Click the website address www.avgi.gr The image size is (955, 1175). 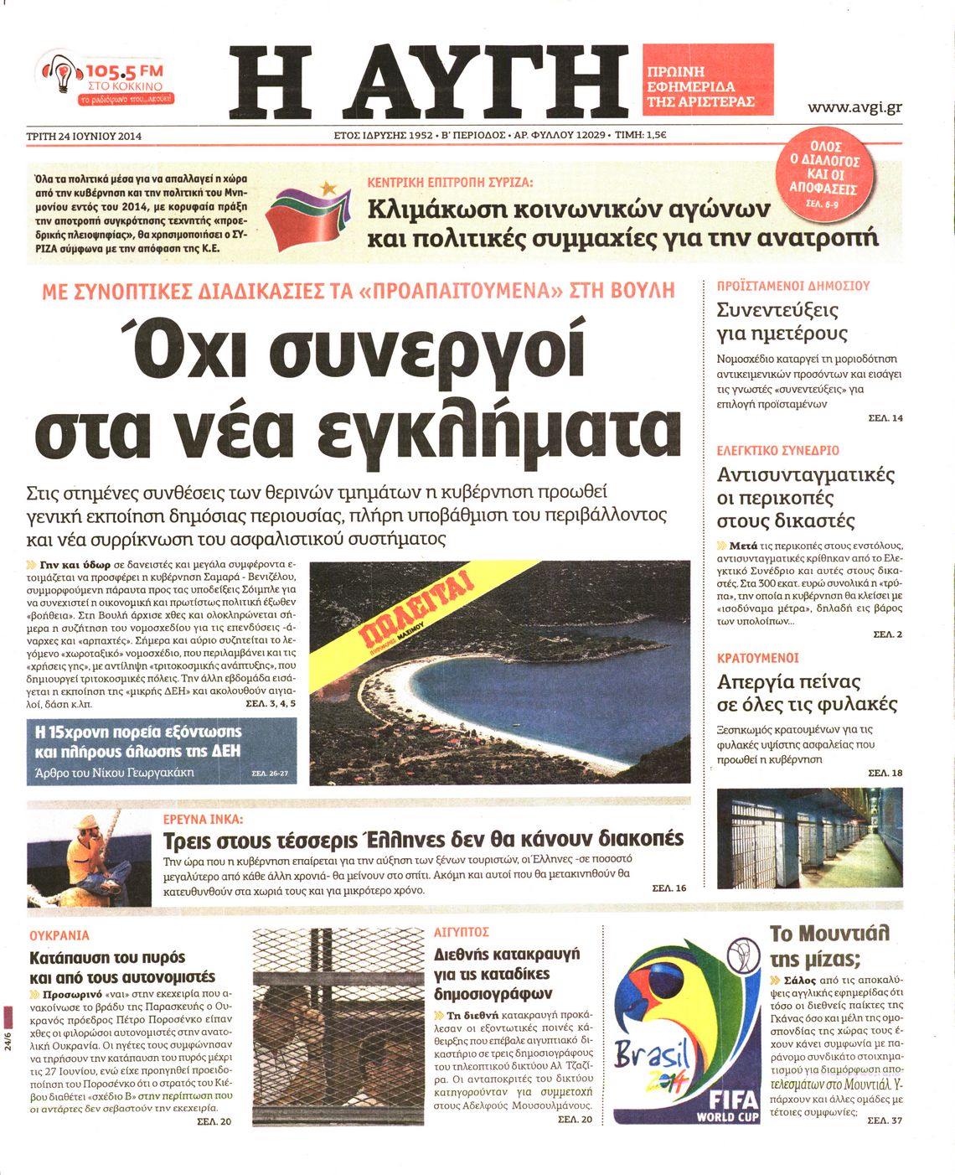854,107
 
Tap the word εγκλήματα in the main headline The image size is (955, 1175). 500,427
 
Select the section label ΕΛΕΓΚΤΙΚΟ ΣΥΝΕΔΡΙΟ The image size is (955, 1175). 777,451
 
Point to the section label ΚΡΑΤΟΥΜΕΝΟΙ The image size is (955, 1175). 757,659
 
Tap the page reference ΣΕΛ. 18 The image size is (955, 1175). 885,773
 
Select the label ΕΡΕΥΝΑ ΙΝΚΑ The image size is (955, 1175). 203,819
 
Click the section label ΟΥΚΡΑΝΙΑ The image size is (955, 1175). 59,935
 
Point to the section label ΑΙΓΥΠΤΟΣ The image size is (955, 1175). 462,932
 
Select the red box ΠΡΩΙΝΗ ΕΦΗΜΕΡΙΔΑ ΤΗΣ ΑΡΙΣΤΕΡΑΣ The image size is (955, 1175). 709,87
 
